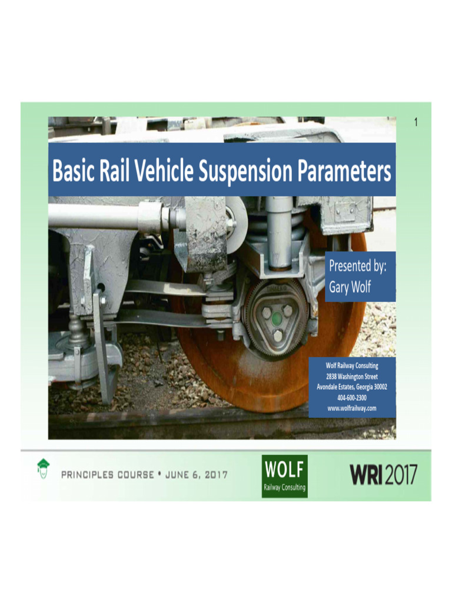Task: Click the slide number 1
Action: coord(416,122)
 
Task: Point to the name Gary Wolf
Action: coord(350,289)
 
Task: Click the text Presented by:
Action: coord(358,266)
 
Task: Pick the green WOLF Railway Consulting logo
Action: coord(284,476)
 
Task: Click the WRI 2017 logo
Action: coord(384,474)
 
